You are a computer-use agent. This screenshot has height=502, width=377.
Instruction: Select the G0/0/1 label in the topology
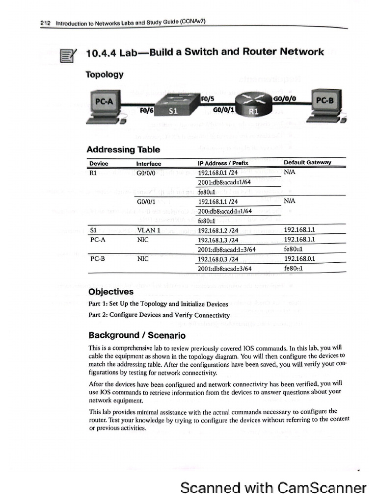click(222, 111)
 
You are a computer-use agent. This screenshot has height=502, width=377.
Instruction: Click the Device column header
click(99, 163)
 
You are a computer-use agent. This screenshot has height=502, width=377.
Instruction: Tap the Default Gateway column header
click(307, 163)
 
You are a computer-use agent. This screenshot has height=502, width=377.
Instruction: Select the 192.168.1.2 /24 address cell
click(218, 230)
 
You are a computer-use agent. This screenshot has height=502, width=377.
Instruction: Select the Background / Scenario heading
click(137, 336)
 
